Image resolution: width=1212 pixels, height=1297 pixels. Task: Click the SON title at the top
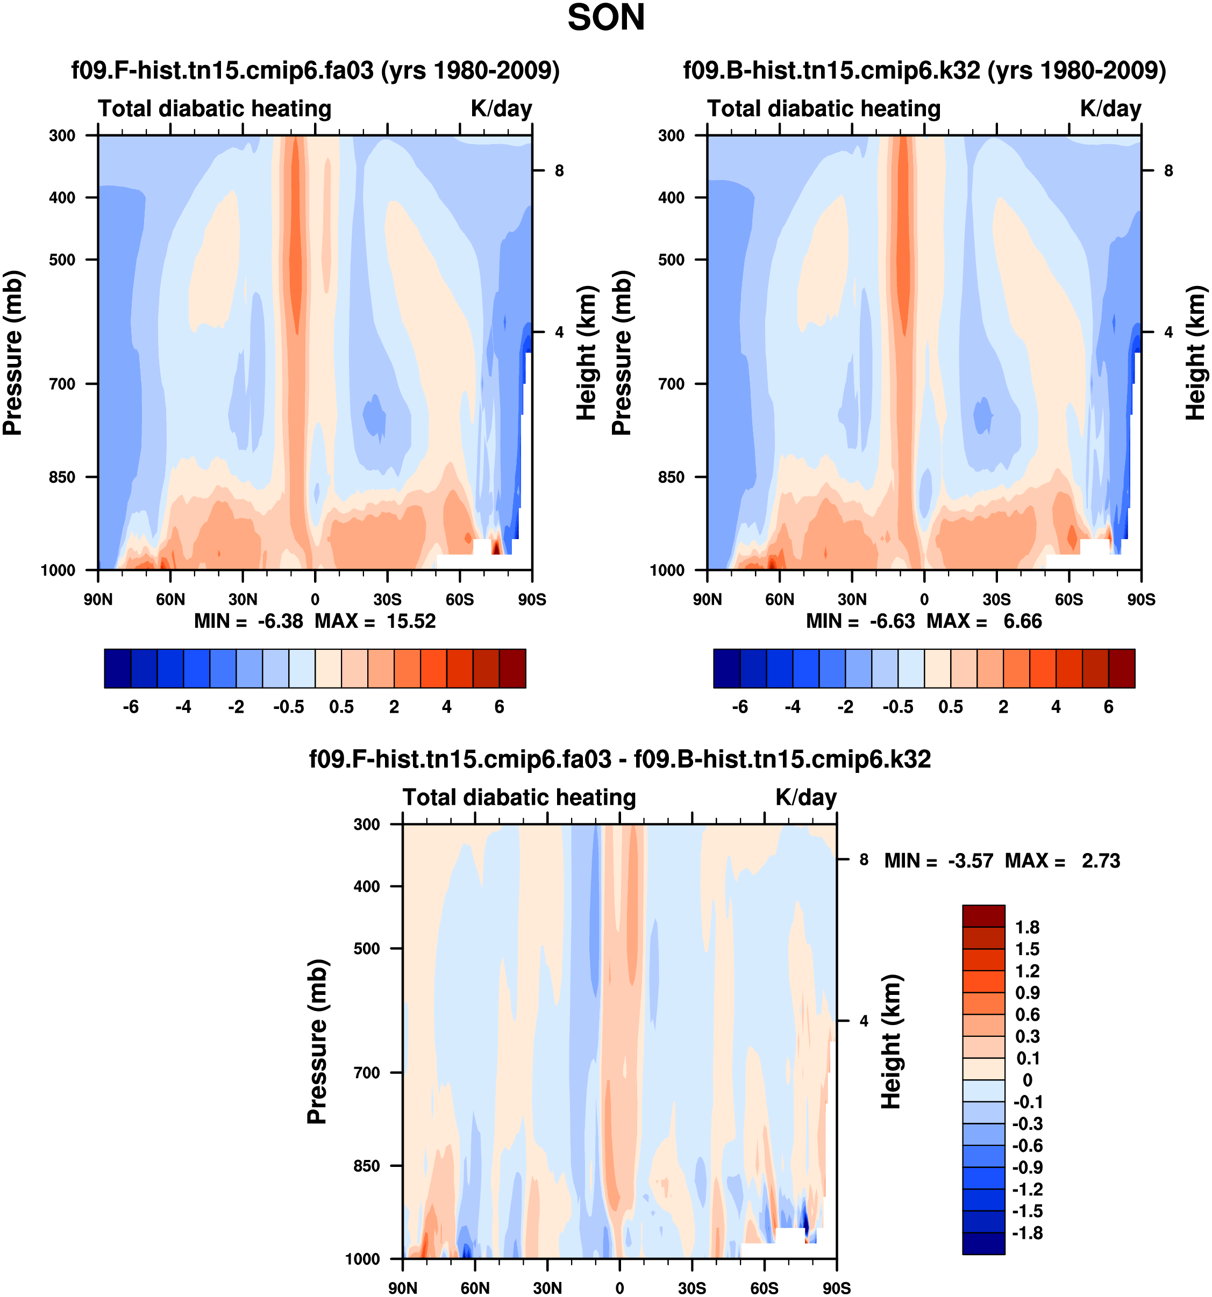(605, 18)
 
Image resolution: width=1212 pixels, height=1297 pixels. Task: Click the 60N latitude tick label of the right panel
(779, 599)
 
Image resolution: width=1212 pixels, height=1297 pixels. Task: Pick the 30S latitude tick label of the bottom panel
(692, 1288)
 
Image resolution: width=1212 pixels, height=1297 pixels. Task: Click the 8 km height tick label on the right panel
(1168, 170)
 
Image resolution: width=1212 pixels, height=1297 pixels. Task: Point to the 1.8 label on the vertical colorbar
(1027, 927)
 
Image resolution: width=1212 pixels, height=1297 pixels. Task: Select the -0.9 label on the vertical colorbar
(1027, 1167)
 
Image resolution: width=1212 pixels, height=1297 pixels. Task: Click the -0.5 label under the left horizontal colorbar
(288, 707)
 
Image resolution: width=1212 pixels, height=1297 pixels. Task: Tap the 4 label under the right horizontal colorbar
(1056, 707)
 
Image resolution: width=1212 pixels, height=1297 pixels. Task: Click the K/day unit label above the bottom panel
(805, 797)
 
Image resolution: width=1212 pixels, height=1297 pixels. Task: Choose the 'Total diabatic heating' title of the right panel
(824, 108)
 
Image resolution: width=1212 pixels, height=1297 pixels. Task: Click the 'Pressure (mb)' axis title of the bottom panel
(317, 1041)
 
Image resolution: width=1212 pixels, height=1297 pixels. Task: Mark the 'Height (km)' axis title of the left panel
(587, 352)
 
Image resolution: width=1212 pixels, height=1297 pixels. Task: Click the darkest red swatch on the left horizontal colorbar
(512, 668)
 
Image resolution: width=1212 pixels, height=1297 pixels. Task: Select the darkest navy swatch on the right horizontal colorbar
(726, 668)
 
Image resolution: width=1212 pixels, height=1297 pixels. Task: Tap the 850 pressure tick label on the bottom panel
(366, 1166)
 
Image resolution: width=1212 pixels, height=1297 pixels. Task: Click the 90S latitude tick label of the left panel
(532, 599)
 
